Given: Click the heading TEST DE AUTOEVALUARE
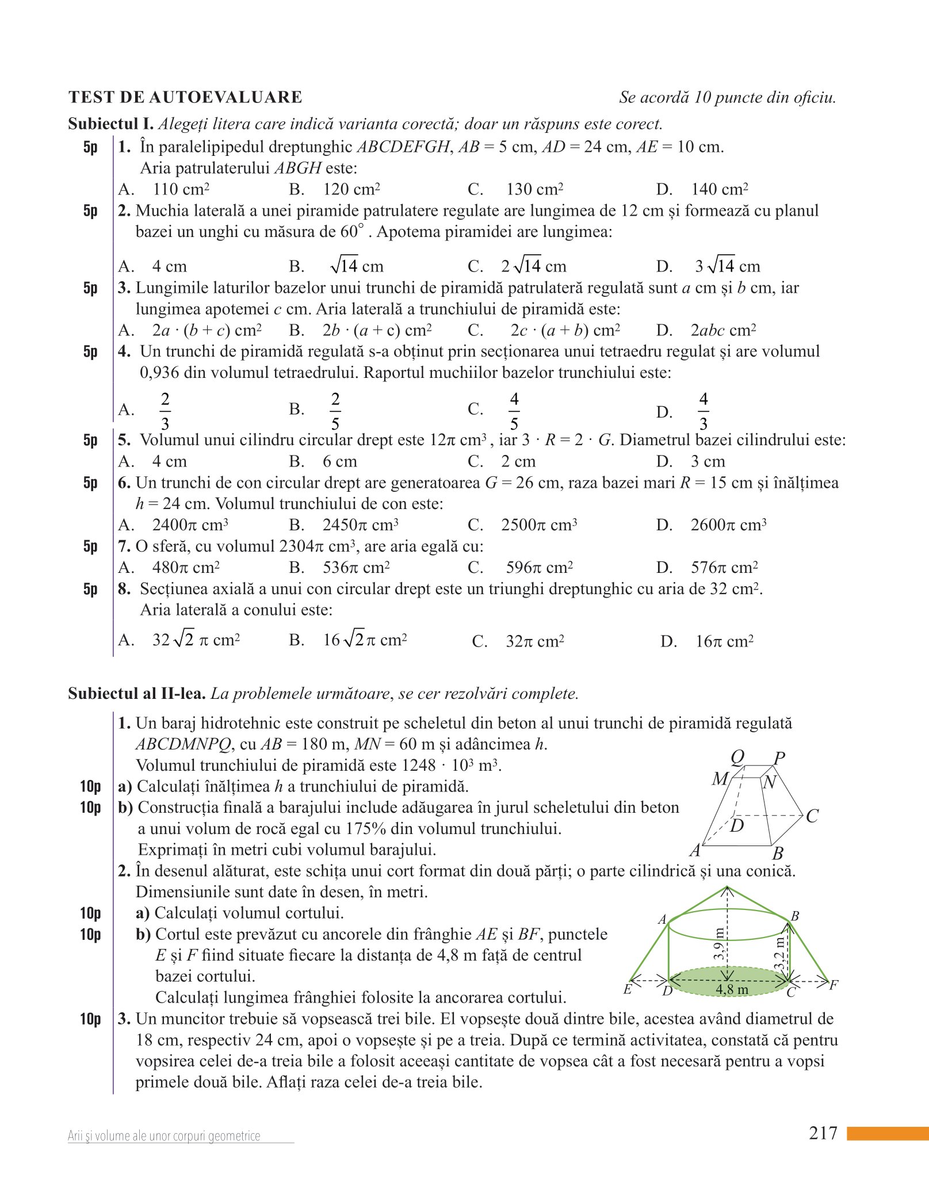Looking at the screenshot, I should point(185,97).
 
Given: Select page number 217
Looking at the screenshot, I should point(823,1133).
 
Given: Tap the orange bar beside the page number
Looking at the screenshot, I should point(887,1134).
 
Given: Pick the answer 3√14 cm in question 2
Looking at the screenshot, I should point(728,266).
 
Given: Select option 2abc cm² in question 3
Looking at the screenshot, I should point(723,330).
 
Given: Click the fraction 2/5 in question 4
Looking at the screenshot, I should point(335,411).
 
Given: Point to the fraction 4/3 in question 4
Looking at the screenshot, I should point(703,411).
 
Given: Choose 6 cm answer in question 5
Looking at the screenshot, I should point(339,461).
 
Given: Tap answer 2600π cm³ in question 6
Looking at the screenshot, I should point(728,525).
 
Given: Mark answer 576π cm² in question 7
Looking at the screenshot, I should point(724,568).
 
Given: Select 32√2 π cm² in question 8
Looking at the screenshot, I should point(196,640).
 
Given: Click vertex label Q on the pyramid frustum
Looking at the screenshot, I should point(737,758).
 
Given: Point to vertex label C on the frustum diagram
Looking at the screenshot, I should point(812,816).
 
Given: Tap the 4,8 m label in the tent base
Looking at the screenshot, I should point(732,989).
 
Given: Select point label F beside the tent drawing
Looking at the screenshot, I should point(834,985).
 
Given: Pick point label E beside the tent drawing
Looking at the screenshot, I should point(628,989).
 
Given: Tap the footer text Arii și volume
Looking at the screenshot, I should point(164,1136).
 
